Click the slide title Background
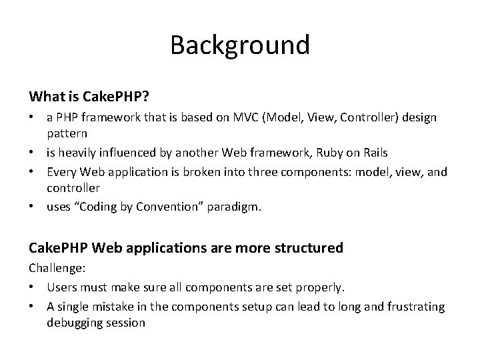tap(239, 45)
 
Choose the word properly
tap(319, 287)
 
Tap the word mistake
tap(113, 306)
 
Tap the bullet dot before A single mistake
tap(33, 306)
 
